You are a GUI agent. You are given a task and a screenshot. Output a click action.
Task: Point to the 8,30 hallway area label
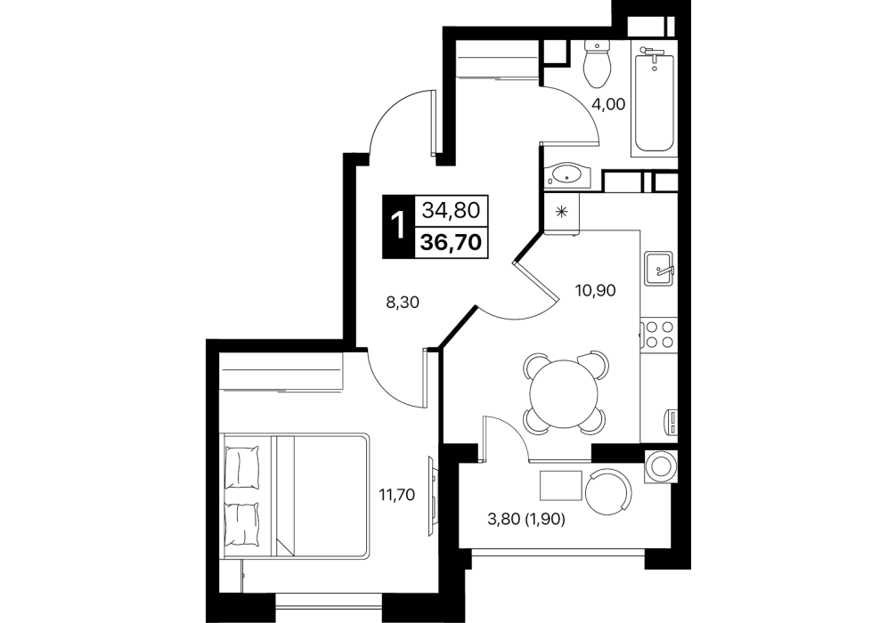(x=403, y=302)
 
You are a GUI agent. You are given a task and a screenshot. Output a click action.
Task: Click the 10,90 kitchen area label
(x=595, y=291)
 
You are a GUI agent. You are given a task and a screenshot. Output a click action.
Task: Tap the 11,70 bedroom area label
(x=396, y=495)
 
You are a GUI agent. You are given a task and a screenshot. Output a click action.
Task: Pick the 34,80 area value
(x=451, y=210)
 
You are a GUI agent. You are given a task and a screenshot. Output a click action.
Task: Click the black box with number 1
(x=396, y=226)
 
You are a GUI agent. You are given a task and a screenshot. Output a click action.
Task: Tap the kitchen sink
(x=661, y=268)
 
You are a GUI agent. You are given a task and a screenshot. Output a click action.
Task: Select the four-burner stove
(x=658, y=334)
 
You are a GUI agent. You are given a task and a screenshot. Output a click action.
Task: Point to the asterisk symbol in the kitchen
(x=561, y=212)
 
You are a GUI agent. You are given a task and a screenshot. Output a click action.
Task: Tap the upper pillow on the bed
(x=242, y=467)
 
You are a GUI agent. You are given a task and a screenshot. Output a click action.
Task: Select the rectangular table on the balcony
(x=561, y=485)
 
